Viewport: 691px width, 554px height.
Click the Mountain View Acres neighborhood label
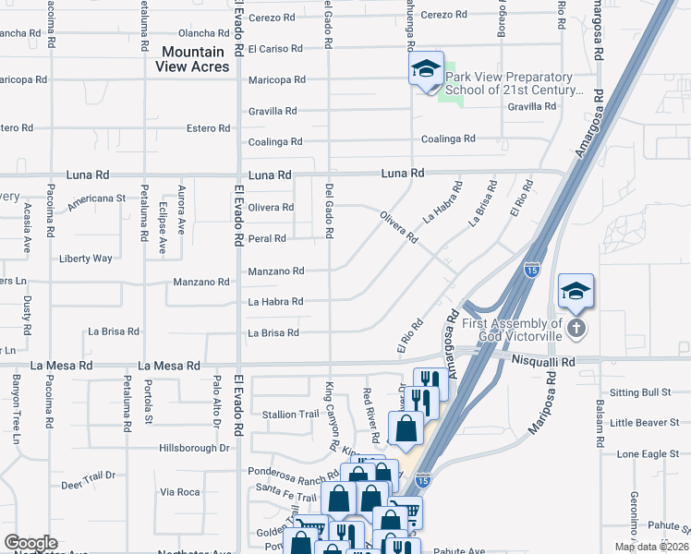(x=193, y=59)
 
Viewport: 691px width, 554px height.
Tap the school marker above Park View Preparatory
(x=426, y=69)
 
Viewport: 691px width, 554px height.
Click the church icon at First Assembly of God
(x=576, y=329)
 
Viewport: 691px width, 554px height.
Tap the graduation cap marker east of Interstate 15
(x=576, y=293)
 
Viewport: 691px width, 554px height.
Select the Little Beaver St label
(x=644, y=423)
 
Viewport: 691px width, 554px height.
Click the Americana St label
(x=95, y=198)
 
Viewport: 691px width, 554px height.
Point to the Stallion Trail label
(x=290, y=415)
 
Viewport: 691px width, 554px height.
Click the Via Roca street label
(x=180, y=492)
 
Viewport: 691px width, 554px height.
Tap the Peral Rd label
(x=267, y=238)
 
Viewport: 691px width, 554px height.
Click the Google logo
(x=30, y=543)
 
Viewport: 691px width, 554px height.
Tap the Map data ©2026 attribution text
(x=651, y=547)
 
